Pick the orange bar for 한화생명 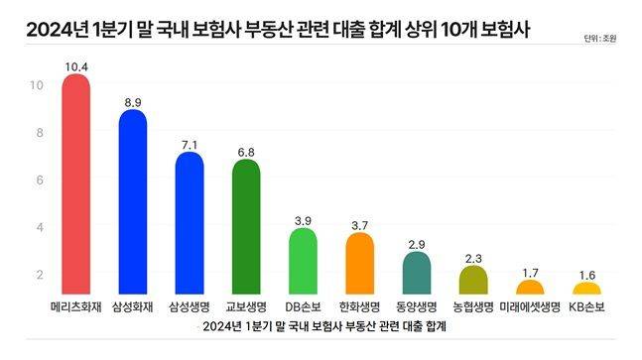[359, 264]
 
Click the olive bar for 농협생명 [474, 280]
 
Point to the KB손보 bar [587, 289]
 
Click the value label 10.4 [75, 64]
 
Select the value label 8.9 [133, 100]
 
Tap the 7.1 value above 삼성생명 [190, 143]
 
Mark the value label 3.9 [303, 219]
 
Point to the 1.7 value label [531, 271]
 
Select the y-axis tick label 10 [37, 85]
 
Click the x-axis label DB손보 [303, 305]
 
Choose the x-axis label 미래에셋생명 [531, 305]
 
